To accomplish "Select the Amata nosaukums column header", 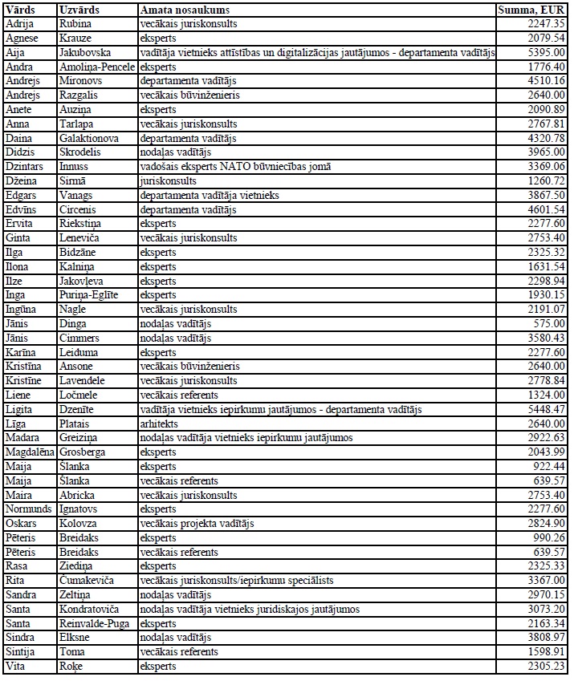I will point(185,10).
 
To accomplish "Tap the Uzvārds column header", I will point(79,10).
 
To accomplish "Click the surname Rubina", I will point(75,25).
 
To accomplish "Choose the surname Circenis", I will point(79,210).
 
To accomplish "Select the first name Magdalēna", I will point(31,452).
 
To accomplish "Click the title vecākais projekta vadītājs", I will point(197,524).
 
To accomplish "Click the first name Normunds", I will point(28,509).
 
